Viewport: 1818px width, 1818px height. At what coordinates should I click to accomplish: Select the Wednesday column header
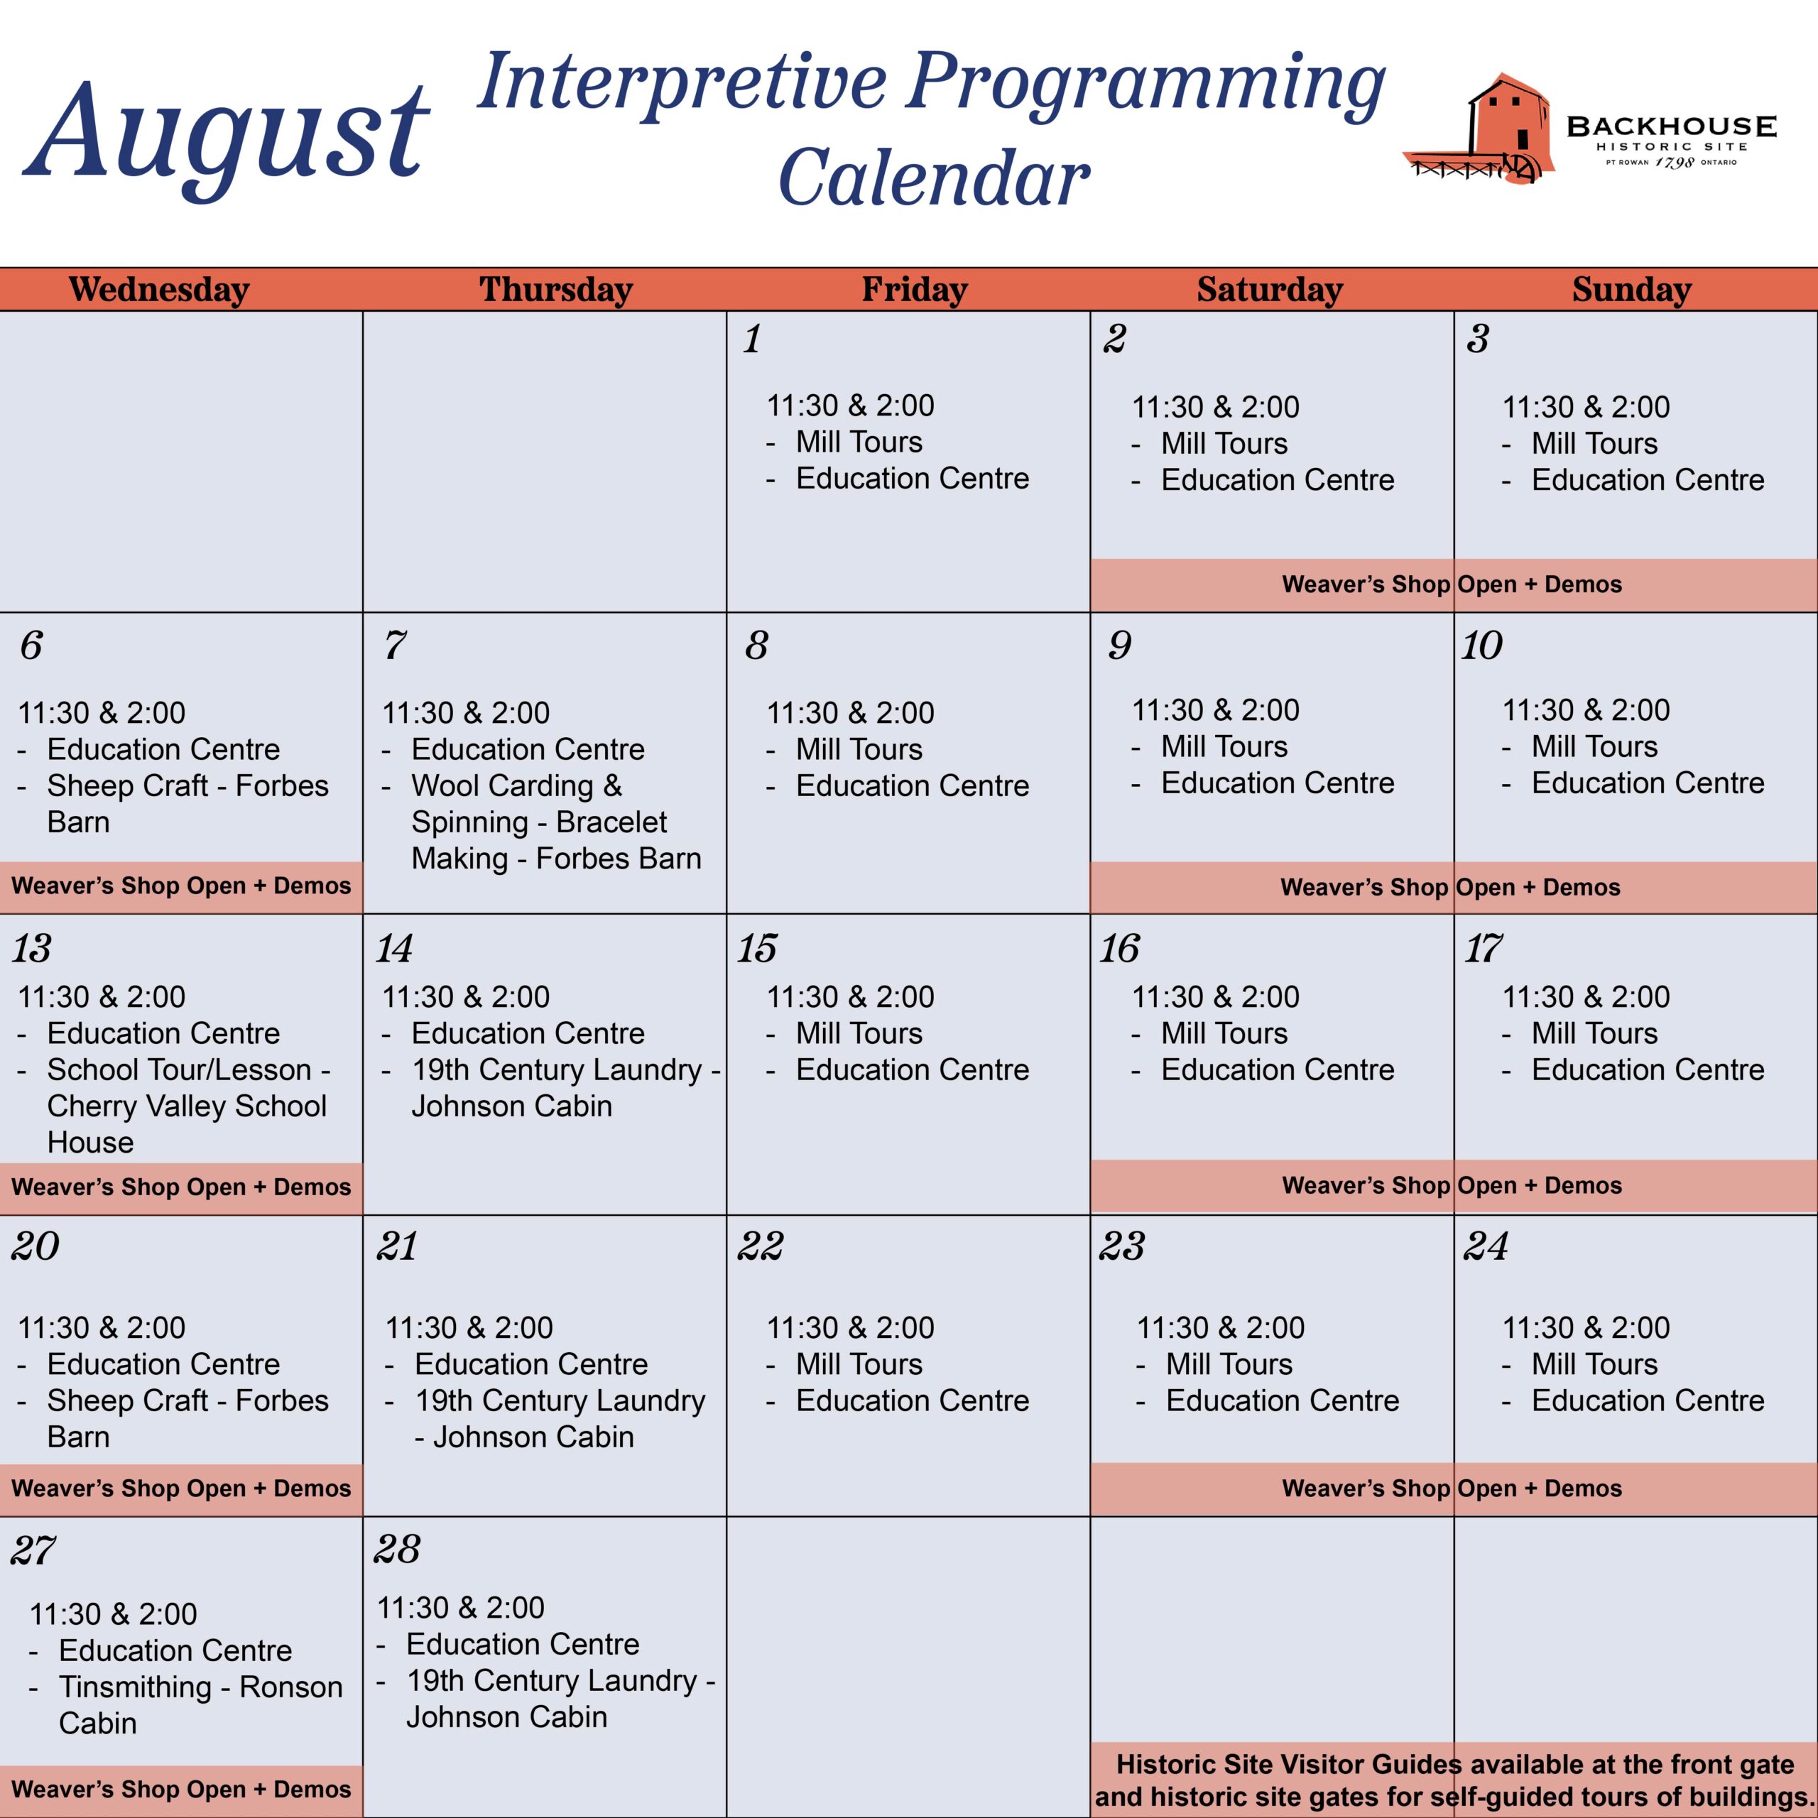(159, 289)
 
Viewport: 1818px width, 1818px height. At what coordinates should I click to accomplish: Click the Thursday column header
(556, 289)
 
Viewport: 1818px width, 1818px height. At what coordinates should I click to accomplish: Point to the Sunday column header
(1632, 289)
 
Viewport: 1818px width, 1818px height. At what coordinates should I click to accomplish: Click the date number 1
(752, 339)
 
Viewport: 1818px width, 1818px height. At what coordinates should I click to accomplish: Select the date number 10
(1482, 646)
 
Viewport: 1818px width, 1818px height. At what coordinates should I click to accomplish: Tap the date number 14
(394, 949)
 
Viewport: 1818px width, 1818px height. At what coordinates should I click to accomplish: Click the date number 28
(397, 1549)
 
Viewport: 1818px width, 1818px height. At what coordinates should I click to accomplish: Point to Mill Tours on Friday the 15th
(859, 1033)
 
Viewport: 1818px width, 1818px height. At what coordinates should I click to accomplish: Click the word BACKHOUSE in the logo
(1671, 126)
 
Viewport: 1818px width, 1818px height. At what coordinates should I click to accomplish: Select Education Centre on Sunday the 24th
(1648, 1400)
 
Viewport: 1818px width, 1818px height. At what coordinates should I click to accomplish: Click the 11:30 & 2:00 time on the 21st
(469, 1328)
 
